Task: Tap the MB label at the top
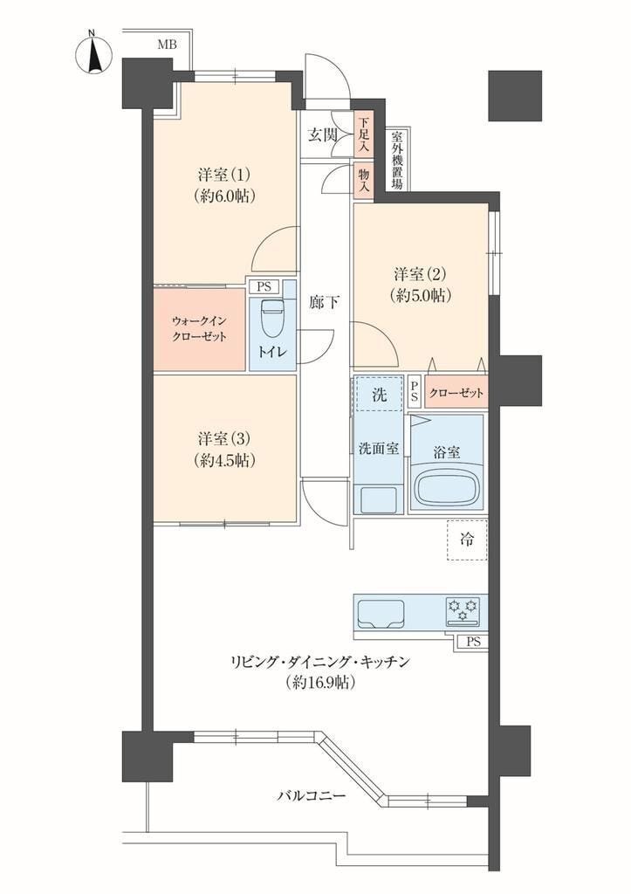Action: click(x=167, y=45)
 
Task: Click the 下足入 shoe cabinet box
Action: click(x=363, y=134)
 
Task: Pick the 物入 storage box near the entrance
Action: click(x=363, y=180)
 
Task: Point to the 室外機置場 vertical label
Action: click(x=397, y=161)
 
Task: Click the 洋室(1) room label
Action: click(x=224, y=174)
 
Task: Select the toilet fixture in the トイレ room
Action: click(x=271, y=318)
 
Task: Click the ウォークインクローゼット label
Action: click(x=199, y=329)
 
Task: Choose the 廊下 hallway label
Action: click(x=324, y=302)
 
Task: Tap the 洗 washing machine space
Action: click(x=379, y=394)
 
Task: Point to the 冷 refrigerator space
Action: click(x=467, y=540)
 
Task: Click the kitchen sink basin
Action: click(x=381, y=613)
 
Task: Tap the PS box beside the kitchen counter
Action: click(x=472, y=642)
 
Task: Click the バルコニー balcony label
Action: click(x=312, y=796)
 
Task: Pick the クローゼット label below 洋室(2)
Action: click(x=456, y=393)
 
